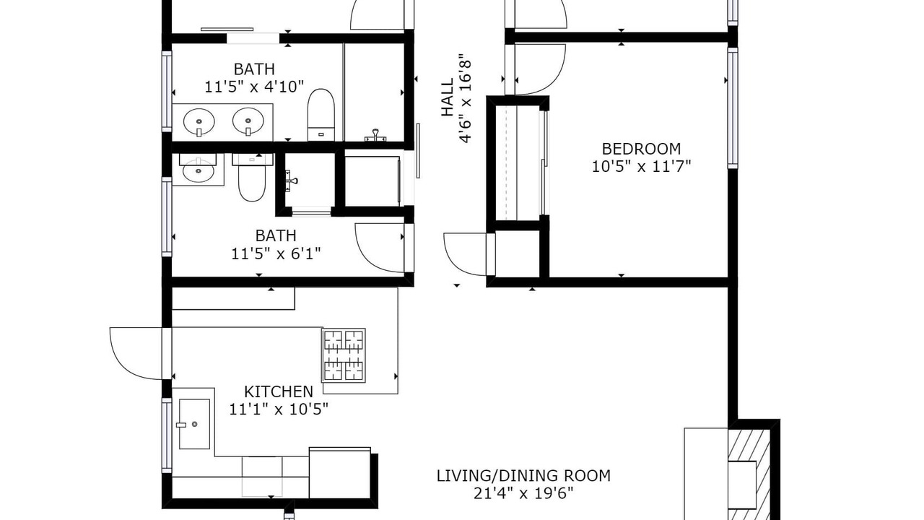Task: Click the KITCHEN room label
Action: click(279, 391)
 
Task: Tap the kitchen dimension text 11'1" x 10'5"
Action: click(279, 409)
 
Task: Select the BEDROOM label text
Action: click(641, 149)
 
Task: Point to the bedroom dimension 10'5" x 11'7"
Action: click(641, 167)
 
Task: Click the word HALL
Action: click(448, 97)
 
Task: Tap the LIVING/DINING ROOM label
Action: click(523, 476)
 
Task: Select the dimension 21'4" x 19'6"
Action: click(523, 493)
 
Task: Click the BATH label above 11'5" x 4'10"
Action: click(254, 69)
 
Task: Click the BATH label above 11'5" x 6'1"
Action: click(276, 235)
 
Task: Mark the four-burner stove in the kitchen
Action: click(344, 355)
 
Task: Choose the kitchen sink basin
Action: click(194, 424)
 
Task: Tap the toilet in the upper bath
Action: click(321, 114)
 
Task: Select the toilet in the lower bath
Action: click(252, 178)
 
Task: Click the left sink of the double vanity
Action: click(199, 122)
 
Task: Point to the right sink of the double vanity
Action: click(248, 121)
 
